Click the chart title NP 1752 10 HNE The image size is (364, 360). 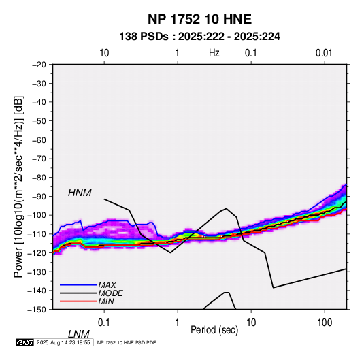click(x=199, y=19)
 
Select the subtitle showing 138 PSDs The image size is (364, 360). click(x=199, y=37)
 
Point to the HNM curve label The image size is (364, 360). click(x=80, y=193)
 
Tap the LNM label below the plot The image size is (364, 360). click(x=79, y=334)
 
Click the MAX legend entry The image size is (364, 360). click(x=107, y=284)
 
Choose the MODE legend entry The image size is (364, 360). click(x=110, y=293)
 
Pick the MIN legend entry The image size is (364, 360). click(x=106, y=301)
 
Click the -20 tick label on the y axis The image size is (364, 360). click(x=39, y=65)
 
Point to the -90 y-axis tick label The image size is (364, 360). click(x=39, y=196)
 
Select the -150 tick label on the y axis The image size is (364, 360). click(x=37, y=310)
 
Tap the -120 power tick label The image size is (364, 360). click(x=37, y=252)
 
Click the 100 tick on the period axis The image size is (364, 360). click(x=325, y=323)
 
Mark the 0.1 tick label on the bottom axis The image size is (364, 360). click(x=104, y=323)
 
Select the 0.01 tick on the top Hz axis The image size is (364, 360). click(x=324, y=53)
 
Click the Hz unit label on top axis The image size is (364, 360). click(x=214, y=53)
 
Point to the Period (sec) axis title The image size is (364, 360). click(x=214, y=330)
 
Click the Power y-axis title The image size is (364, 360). click(x=18, y=187)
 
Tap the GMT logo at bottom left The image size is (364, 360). click(x=25, y=342)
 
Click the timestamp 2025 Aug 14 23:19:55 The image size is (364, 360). click(x=63, y=342)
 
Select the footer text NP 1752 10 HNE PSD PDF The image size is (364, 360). click(x=127, y=342)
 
